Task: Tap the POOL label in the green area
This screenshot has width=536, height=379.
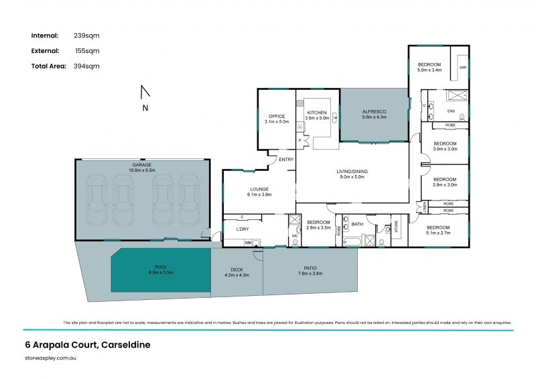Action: tap(160, 268)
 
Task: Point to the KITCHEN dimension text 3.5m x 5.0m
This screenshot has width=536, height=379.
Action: tap(317, 118)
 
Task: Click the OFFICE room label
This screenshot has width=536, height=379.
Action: tap(275, 117)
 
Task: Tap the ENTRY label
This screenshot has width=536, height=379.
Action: tap(286, 160)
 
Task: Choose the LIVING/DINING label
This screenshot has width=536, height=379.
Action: tap(352, 171)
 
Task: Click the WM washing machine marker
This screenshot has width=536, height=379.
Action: tap(247, 242)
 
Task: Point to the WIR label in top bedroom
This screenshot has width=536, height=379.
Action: tap(462, 68)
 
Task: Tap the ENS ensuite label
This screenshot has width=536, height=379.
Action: tap(451, 111)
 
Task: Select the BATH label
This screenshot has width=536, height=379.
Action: tap(357, 224)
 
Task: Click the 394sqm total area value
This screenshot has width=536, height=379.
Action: tap(86, 66)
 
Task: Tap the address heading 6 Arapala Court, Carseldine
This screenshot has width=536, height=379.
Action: tap(84, 345)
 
